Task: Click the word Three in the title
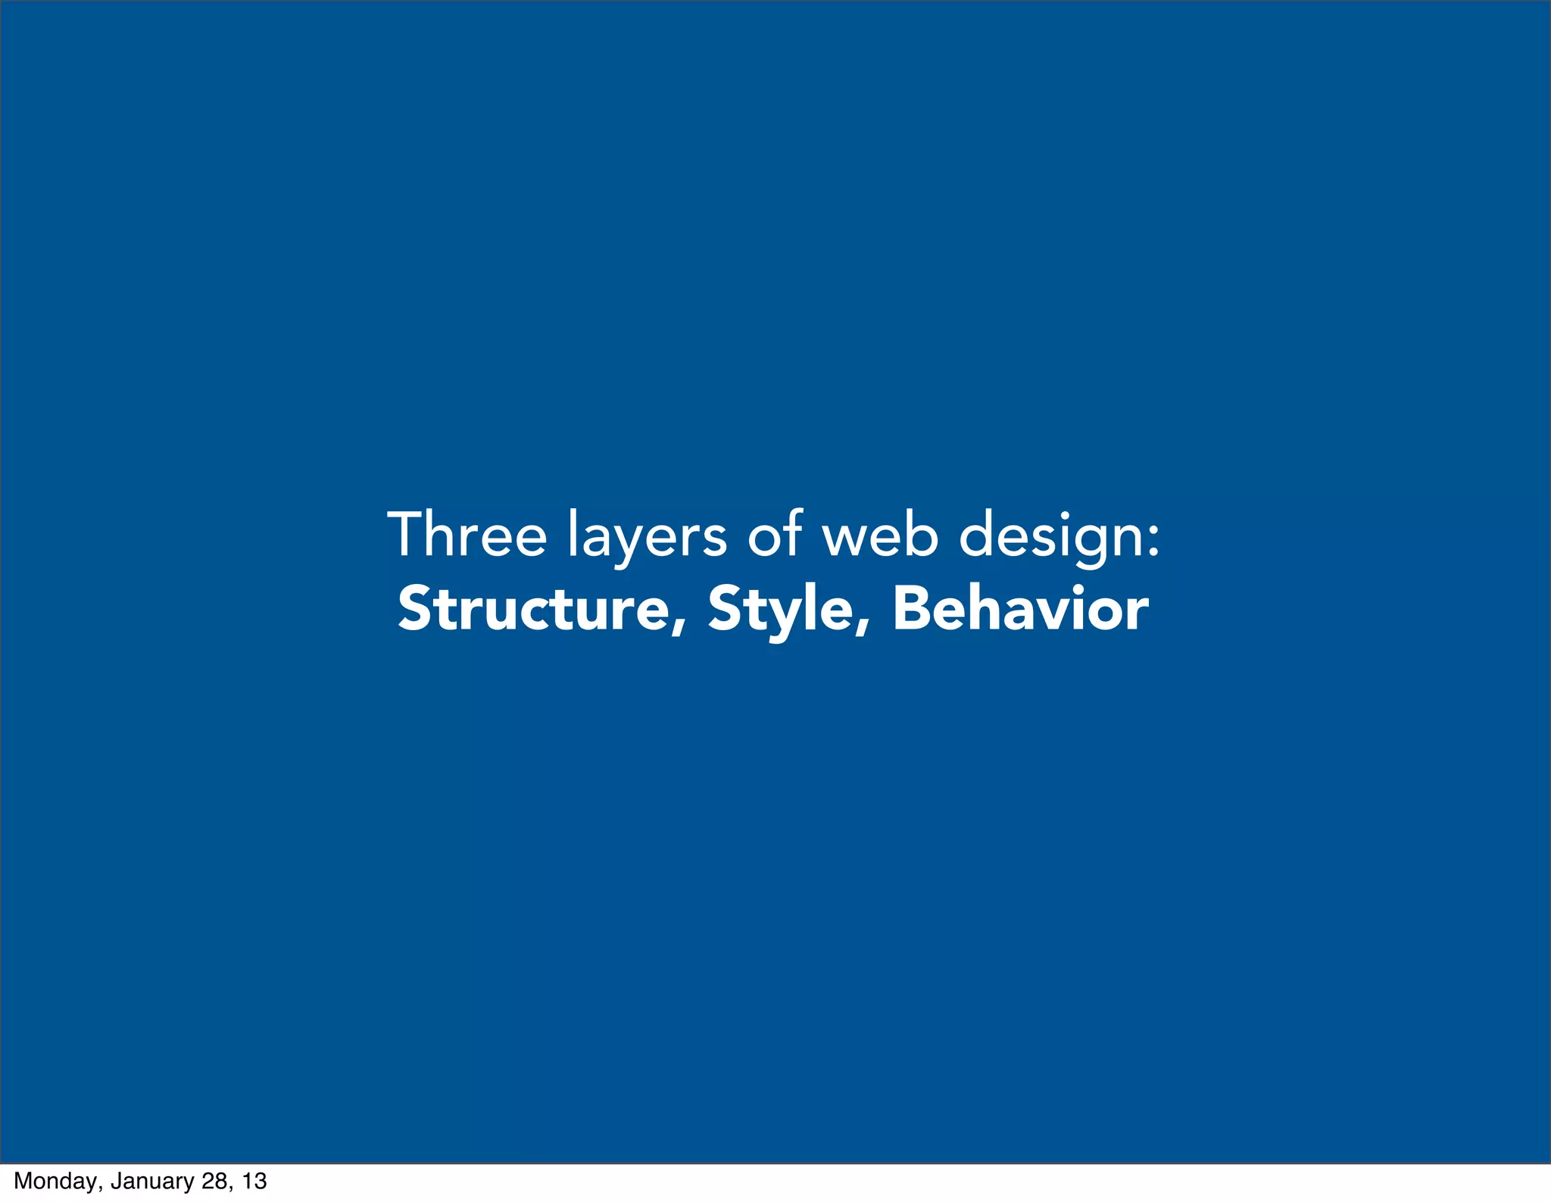tap(467, 535)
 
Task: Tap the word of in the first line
tap(774, 535)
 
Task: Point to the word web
tap(881, 535)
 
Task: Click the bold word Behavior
tap(1020, 610)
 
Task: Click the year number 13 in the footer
tap(255, 1182)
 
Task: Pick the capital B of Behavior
tap(912, 610)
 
